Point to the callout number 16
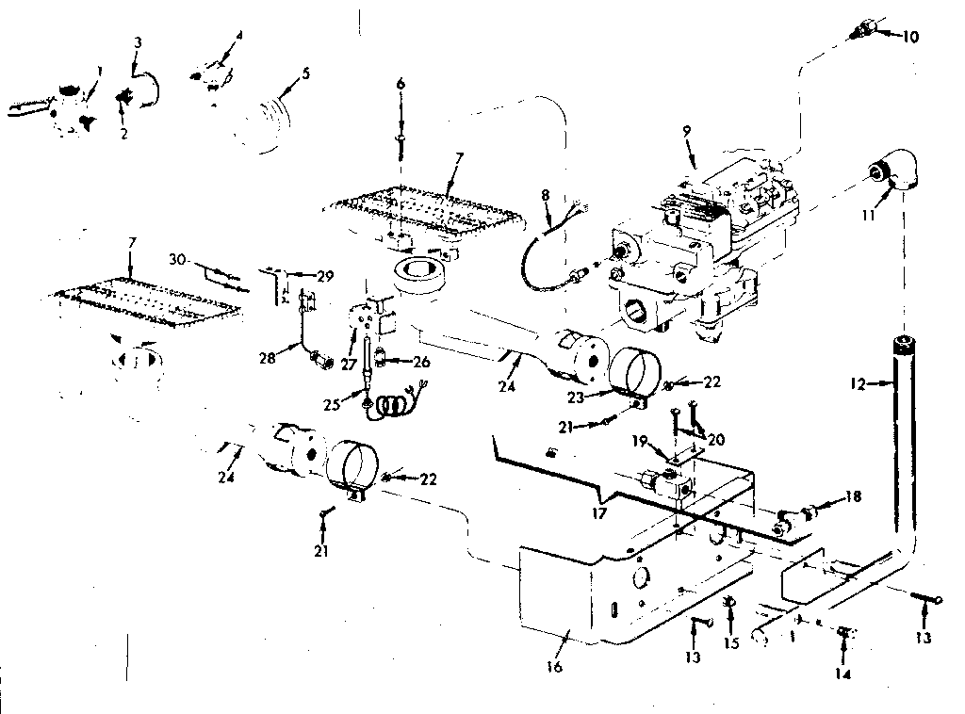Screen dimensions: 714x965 553,667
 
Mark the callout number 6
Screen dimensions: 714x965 401,85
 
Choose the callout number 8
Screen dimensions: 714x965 545,196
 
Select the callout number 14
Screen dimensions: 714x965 842,674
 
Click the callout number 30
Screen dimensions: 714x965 177,258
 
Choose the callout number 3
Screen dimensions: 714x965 138,42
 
